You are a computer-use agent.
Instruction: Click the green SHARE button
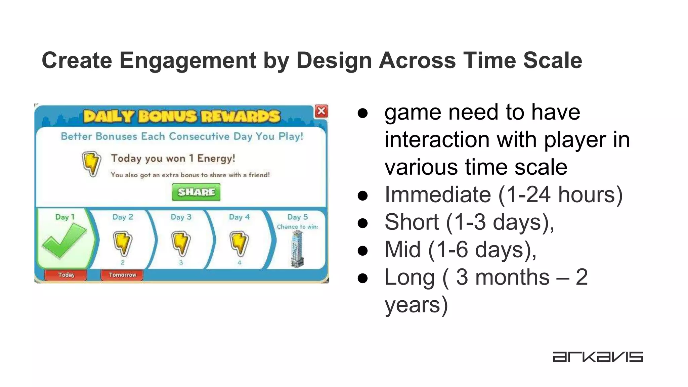[x=196, y=192]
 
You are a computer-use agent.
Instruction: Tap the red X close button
[x=321, y=111]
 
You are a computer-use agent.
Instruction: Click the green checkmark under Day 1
[x=64, y=240]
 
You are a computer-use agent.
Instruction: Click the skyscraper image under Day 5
[x=297, y=249]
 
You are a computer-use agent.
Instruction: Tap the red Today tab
[x=66, y=275]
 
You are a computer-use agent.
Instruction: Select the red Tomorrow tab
[x=122, y=275]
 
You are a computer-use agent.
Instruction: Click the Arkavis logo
[x=598, y=357]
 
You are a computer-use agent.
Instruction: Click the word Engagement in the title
[x=188, y=60]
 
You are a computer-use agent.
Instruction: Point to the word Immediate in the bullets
[x=437, y=195]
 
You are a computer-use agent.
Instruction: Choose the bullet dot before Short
[x=363, y=223]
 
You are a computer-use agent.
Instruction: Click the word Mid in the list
[x=402, y=250]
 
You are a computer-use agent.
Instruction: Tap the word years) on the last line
[x=416, y=305]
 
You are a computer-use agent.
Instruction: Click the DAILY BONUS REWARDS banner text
[x=182, y=117]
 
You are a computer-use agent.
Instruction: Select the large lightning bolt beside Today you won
[x=91, y=164]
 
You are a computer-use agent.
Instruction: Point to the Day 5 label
[x=297, y=217]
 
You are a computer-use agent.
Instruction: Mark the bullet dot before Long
[x=363, y=278]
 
